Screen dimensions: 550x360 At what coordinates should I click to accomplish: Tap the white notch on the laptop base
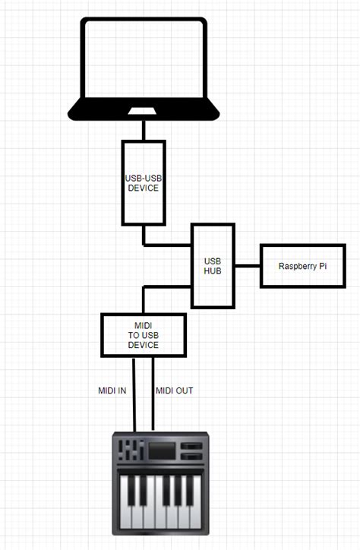click(143, 112)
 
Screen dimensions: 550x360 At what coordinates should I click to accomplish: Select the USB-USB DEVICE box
click(144, 182)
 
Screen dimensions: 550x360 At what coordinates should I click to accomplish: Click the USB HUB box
click(213, 265)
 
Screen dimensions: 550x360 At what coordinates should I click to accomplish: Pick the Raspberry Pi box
click(303, 266)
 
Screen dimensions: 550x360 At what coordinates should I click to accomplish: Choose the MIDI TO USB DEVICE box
click(144, 335)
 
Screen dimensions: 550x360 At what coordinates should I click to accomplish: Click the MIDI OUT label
click(175, 390)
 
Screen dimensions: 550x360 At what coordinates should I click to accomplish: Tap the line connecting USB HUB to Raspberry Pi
click(248, 266)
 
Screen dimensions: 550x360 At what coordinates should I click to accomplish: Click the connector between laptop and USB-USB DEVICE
click(144, 130)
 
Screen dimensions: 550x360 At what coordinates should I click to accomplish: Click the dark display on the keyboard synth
click(161, 450)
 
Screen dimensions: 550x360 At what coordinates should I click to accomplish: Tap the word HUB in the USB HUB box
click(213, 270)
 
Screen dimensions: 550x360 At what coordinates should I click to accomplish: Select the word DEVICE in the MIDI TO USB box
click(144, 345)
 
